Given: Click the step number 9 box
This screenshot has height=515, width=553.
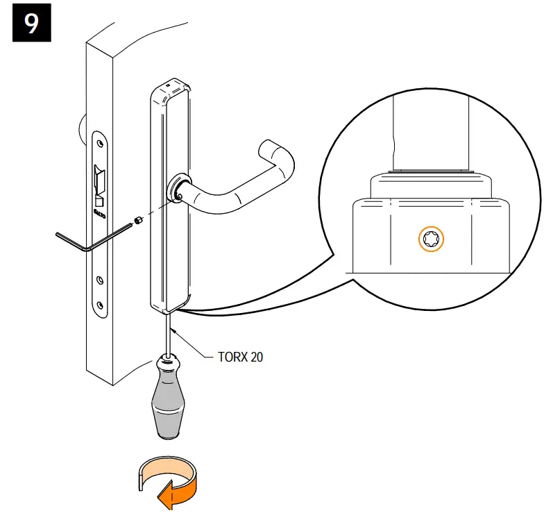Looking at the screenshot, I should click(x=32, y=24).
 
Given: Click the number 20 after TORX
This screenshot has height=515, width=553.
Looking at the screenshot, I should click(x=255, y=358).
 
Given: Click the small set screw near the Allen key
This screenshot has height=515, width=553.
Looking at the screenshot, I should click(x=137, y=221).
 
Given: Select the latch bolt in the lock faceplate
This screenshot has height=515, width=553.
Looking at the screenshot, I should click(x=99, y=179).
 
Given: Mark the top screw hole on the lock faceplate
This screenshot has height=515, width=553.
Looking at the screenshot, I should click(x=101, y=143).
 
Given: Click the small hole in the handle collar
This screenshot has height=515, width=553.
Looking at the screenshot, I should click(x=180, y=196).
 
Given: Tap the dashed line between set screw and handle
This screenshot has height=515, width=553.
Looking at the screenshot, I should click(x=158, y=209).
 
